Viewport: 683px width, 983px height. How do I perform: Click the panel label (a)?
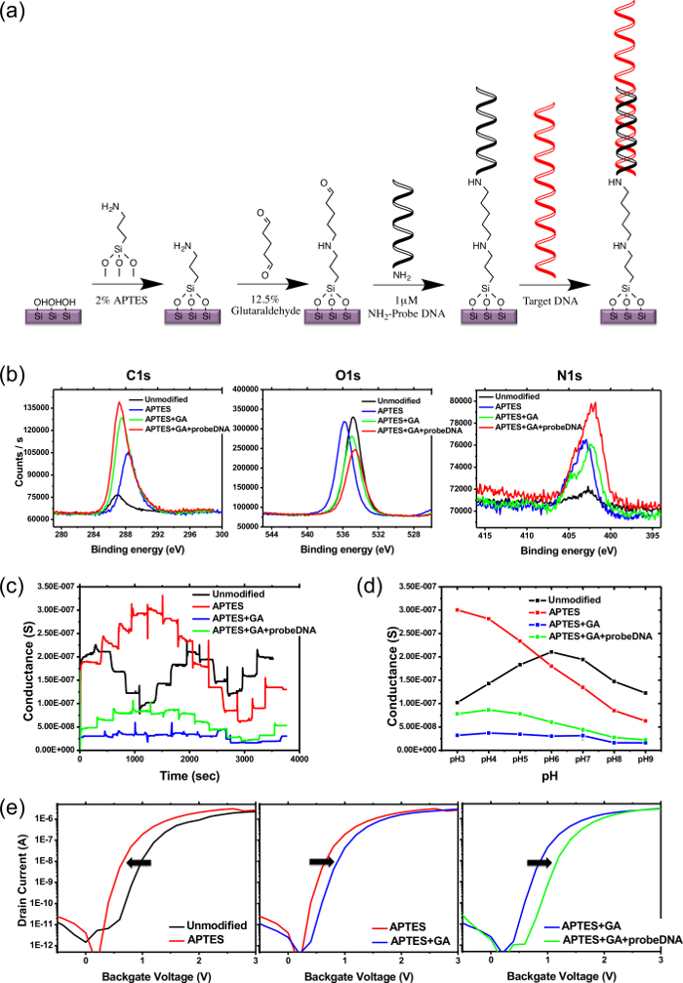(17, 17)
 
